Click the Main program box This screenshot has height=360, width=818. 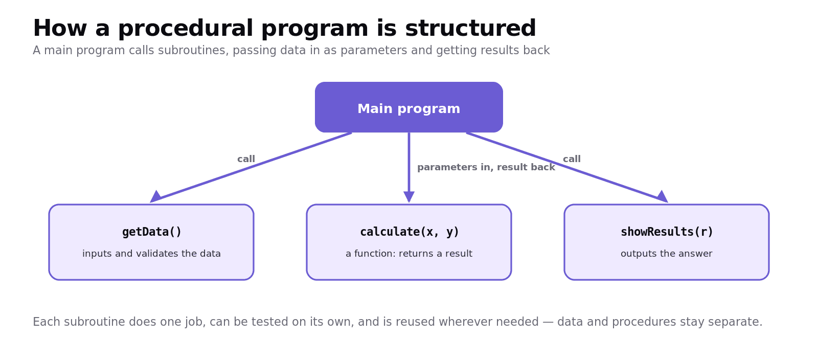408,107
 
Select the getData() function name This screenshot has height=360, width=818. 151,232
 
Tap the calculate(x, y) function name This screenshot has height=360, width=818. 410,232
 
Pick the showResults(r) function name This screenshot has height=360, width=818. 667,232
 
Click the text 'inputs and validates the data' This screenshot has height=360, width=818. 151,254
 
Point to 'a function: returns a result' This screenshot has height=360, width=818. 409,254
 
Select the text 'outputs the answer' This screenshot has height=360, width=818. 667,254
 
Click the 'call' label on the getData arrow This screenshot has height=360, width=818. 246,159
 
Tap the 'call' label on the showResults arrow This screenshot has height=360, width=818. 572,159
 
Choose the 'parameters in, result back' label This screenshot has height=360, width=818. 486,167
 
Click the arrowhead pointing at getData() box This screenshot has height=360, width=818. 155,197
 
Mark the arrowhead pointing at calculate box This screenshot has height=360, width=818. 409,197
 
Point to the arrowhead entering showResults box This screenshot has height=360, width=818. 663,197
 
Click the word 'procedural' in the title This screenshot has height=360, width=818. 186,29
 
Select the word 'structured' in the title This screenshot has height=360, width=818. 470,28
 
